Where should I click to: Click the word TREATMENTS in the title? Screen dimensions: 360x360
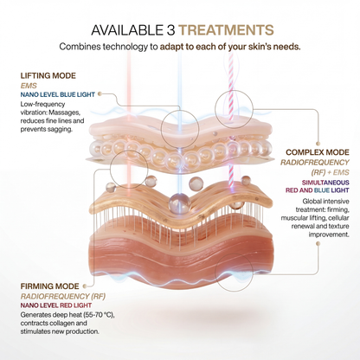(226, 30)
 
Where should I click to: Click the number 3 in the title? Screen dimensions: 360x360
(170, 30)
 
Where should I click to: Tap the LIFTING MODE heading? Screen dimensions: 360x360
(48, 76)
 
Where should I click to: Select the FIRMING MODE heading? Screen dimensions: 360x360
(49, 286)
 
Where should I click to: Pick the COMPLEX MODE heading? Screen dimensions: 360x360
(318, 152)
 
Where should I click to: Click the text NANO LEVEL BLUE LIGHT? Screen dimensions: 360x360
(58, 94)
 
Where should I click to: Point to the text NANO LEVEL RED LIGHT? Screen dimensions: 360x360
(56, 305)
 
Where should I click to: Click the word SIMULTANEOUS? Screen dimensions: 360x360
(325, 183)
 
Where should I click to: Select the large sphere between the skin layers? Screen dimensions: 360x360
(179, 202)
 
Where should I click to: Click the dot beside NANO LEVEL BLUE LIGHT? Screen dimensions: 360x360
(100, 93)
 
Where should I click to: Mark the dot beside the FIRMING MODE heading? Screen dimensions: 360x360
(85, 286)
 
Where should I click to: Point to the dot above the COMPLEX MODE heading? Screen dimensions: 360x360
(318, 144)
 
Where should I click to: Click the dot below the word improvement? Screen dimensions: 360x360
(318, 244)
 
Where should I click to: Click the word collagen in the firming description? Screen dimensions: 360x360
(62, 323)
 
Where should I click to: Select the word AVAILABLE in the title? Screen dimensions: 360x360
(127, 30)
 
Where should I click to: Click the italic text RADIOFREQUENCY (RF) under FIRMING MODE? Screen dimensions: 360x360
(63, 296)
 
